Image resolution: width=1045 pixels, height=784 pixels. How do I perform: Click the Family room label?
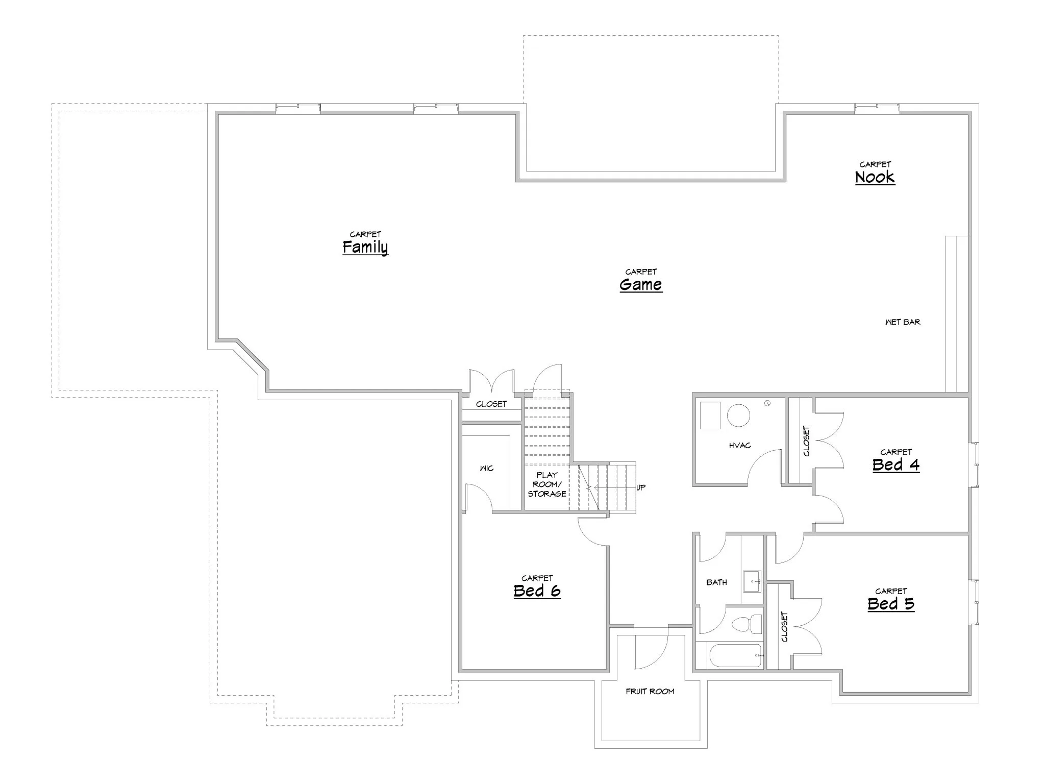pyautogui.click(x=365, y=247)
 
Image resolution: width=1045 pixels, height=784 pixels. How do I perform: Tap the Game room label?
pyautogui.click(x=641, y=284)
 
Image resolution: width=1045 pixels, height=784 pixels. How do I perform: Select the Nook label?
pyautogui.click(x=875, y=177)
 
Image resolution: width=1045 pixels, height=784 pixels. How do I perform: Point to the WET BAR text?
pyautogui.click(x=903, y=322)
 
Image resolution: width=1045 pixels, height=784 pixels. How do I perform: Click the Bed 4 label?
pyautogui.click(x=896, y=464)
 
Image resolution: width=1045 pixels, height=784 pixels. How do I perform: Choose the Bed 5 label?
pyautogui.click(x=891, y=604)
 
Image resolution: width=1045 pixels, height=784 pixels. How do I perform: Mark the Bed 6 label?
pyautogui.click(x=537, y=591)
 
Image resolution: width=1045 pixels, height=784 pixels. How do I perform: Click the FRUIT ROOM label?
pyautogui.click(x=650, y=692)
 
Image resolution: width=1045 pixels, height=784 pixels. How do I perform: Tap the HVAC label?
pyautogui.click(x=740, y=446)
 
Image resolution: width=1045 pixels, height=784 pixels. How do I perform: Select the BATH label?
pyautogui.click(x=717, y=582)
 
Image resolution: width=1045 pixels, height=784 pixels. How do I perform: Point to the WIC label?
pyautogui.click(x=487, y=468)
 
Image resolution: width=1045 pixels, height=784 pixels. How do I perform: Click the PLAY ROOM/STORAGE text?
pyautogui.click(x=547, y=484)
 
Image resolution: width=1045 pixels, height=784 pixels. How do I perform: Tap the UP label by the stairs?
pyautogui.click(x=641, y=487)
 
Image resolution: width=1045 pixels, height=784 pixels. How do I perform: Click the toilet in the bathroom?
pyautogui.click(x=747, y=624)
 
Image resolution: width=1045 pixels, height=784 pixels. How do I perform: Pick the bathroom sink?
pyautogui.click(x=752, y=581)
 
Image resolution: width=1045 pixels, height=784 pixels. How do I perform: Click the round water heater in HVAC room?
pyautogui.click(x=738, y=415)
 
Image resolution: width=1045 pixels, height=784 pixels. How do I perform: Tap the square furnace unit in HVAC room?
pyautogui.click(x=710, y=415)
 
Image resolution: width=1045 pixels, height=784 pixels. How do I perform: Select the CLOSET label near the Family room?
pyautogui.click(x=491, y=404)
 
